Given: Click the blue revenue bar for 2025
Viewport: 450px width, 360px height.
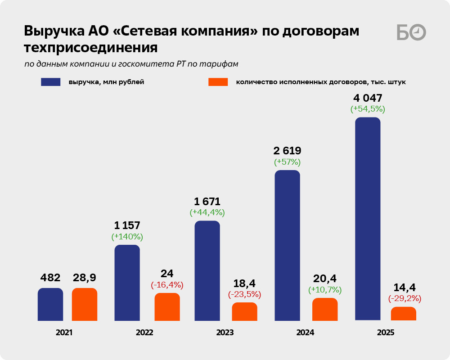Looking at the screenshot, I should pyautogui.click(x=368, y=219).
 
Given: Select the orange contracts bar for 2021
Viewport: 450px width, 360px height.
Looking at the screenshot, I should pyautogui.click(x=85, y=304).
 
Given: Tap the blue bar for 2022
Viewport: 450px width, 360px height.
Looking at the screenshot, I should pyautogui.click(x=127, y=283).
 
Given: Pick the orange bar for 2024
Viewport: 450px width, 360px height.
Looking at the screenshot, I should pyautogui.click(x=325, y=309).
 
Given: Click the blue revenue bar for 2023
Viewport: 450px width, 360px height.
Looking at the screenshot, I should pyautogui.click(x=207, y=270).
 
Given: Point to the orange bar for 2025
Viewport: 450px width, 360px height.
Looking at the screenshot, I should pyautogui.click(x=404, y=314).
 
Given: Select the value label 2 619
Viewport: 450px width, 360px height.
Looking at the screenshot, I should pyautogui.click(x=287, y=151).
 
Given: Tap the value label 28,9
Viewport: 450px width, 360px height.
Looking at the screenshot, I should pyautogui.click(x=85, y=278).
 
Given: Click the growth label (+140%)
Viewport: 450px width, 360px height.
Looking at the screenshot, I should pyautogui.click(x=127, y=236).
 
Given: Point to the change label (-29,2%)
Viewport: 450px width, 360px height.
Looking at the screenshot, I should pyautogui.click(x=404, y=298).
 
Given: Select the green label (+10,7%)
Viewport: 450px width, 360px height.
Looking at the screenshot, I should pyautogui.click(x=325, y=290).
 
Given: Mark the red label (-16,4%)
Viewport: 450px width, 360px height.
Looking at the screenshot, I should pyautogui.click(x=167, y=285).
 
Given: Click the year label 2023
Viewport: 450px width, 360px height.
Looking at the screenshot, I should pyautogui.click(x=225, y=333).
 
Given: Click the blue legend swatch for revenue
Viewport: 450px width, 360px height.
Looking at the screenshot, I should pyautogui.click(x=50, y=82).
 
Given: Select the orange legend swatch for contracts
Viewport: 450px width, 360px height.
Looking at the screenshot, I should pyautogui.click(x=218, y=82).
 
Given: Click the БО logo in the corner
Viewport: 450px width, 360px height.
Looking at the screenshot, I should pyautogui.click(x=411, y=32).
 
